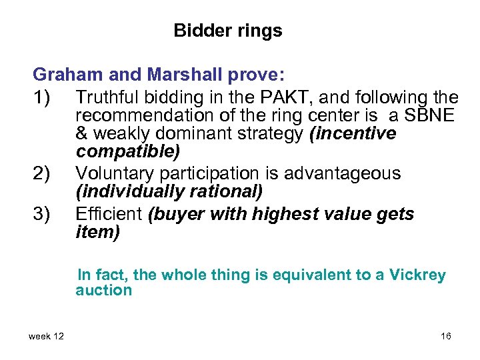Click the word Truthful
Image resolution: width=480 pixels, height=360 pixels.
click(x=106, y=97)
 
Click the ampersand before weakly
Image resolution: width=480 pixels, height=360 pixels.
click(x=82, y=134)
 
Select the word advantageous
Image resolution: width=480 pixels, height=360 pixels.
click(x=343, y=173)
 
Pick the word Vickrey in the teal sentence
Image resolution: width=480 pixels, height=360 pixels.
click(x=417, y=275)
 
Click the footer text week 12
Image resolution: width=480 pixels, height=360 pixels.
click(x=46, y=336)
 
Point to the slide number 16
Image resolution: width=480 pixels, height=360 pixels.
click(x=446, y=336)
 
